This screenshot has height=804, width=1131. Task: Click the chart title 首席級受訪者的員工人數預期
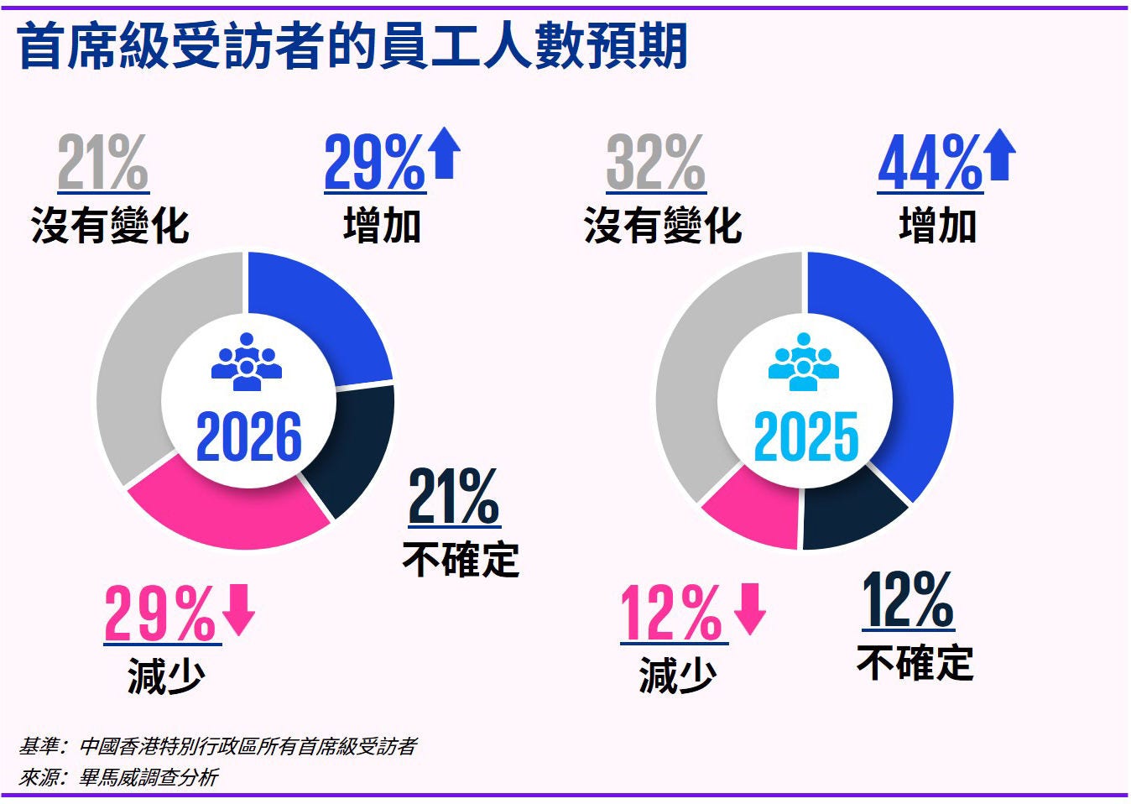pyautogui.click(x=352, y=46)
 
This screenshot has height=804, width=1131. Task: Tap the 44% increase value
pyautogui.click(x=929, y=164)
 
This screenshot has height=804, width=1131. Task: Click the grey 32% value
pyautogui.click(x=655, y=164)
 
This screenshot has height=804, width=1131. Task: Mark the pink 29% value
pyautogui.click(x=160, y=614)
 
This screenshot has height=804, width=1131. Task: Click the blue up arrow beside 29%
pyautogui.click(x=445, y=156)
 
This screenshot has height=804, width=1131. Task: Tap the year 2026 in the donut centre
pyautogui.click(x=248, y=437)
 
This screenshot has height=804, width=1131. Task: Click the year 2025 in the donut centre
pyautogui.click(x=806, y=437)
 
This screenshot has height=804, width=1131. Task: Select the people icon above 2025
pyautogui.click(x=804, y=362)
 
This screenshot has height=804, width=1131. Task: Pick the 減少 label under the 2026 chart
pyautogui.click(x=166, y=676)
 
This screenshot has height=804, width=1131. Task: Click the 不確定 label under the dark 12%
pyautogui.click(x=915, y=663)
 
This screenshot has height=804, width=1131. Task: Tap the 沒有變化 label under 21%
pyautogui.click(x=110, y=226)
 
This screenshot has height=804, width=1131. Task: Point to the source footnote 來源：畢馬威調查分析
pyautogui.click(x=118, y=778)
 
